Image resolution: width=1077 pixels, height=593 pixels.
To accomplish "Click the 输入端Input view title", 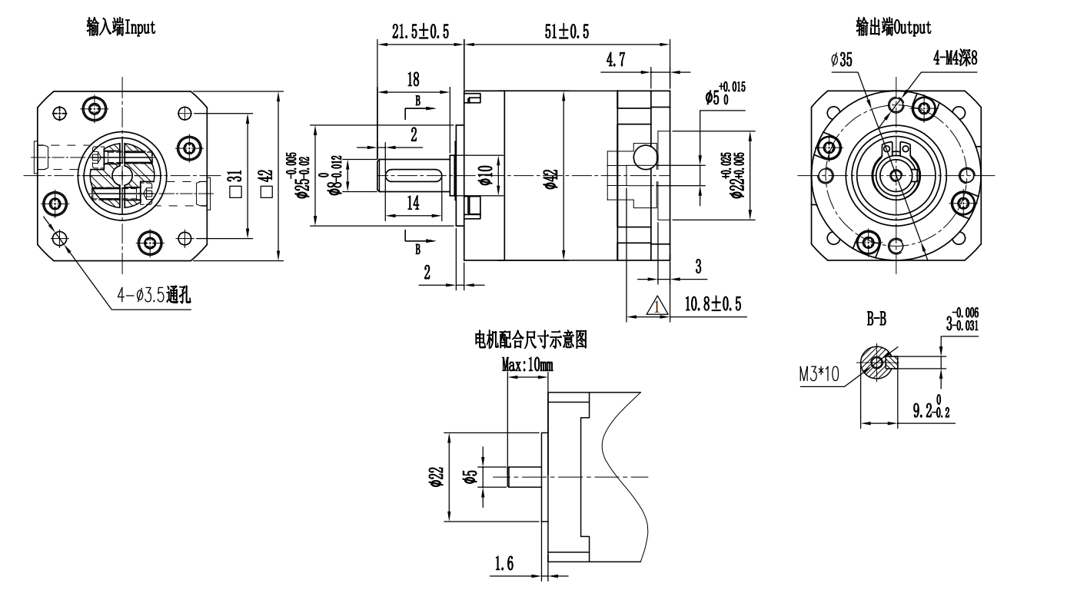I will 121,28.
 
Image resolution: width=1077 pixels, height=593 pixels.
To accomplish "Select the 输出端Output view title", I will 893,28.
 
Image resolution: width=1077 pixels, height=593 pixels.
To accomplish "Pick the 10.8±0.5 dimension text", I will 713,304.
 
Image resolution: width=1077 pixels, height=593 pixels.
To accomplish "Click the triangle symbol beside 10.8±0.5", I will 658,306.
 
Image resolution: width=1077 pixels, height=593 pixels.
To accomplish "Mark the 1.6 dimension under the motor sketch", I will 504,565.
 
